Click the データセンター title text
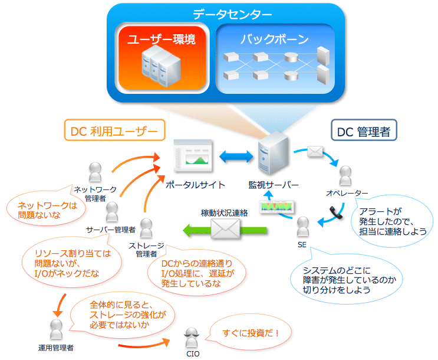click(x=232, y=14)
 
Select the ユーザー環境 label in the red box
click(x=162, y=39)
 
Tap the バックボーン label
click(x=275, y=39)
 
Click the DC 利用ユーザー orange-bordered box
click(x=114, y=130)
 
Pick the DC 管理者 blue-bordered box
click(x=364, y=130)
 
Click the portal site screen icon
click(x=193, y=156)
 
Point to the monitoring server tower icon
click(x=273, y=153)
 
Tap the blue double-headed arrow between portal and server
click(x=236, y=156)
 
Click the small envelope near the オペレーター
click(x=315, y=152)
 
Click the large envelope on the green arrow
click(x=225, y=229)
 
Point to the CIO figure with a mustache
click(x=192, y=338)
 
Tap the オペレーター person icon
click(x=345, y=176)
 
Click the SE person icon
click(x=303, y=227)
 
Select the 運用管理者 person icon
click(x=56, y=329)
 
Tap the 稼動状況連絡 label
click(x=225, y=213)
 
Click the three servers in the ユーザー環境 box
click(x=161, y=66)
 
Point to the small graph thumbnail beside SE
click(x=276, y=207)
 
